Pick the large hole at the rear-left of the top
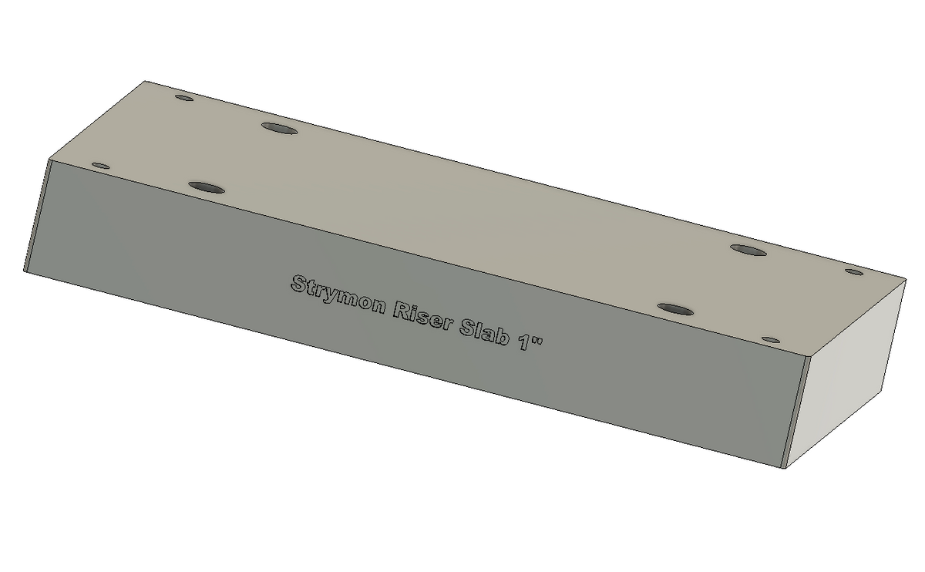pos(280,128)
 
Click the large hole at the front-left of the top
pos(207,187)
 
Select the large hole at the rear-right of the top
pos(748,250)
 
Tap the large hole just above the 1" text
pos(675,309)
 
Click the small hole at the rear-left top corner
pos(184,99)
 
